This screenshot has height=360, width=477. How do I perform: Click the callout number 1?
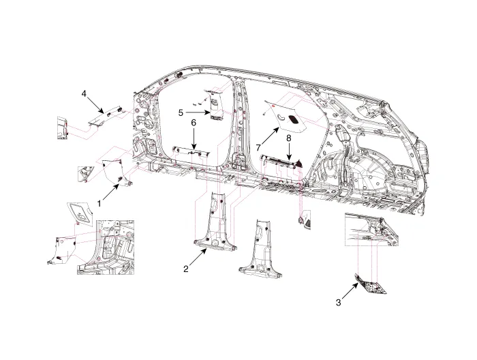pyautogui.click(x=99, y=203)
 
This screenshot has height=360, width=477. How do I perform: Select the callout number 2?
pyautogui.click(x=185, y=269)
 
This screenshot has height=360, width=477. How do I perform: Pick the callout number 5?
pyautogui.click(x=181, y=112)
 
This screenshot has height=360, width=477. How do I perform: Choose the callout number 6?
pyautogui.click(x=194, y=122)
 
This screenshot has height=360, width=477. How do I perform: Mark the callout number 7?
pyautogui.click(x=260, y=147)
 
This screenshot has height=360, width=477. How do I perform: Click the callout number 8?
pyautogui.click(x=289, y=138)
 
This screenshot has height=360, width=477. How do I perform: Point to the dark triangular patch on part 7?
pyautogui.click(x=294, y=119)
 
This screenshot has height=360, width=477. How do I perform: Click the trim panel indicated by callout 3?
pyautogui.click(x=372, y=287)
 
